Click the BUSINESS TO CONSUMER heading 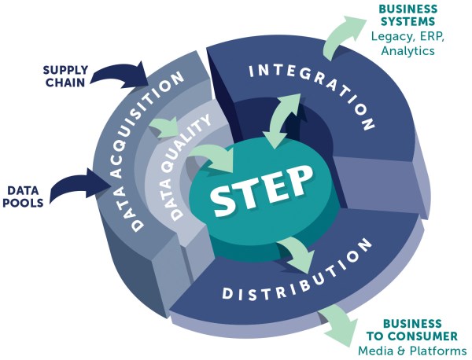409,330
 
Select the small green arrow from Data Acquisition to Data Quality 168,127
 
